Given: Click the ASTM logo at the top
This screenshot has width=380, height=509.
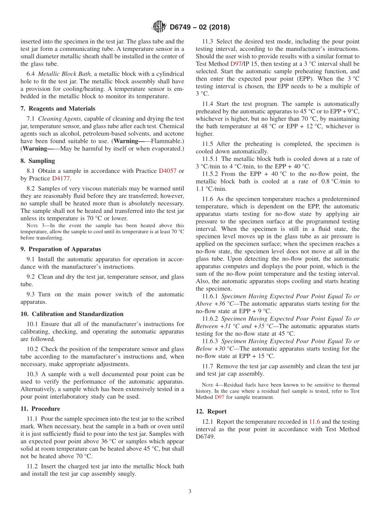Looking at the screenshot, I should point(159,27).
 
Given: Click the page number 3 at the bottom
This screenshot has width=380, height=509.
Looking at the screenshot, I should point(190,491).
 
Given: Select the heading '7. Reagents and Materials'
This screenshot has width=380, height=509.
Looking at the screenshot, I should point(58,108).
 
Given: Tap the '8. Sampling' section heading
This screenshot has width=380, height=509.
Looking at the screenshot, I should point(38,161).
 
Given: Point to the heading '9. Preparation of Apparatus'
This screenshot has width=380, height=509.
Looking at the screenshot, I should point(60,249).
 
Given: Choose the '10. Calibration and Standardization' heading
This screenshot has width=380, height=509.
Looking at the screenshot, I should point(72,314).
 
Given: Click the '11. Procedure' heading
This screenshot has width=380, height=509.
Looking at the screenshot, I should point(40,409).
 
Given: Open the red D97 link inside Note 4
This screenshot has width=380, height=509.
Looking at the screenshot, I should point(219,397).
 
